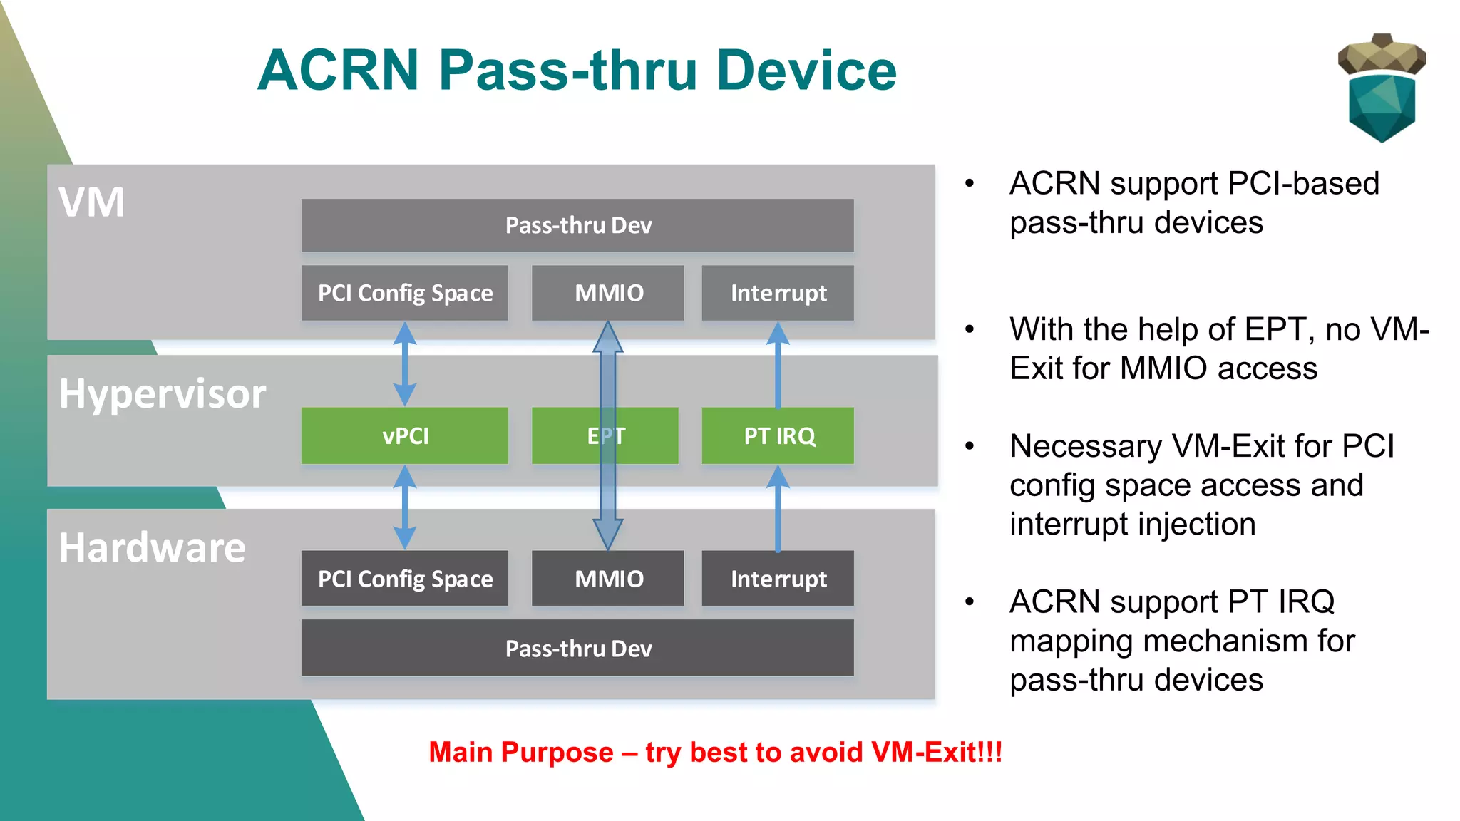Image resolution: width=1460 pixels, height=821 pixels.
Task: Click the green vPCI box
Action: tap(404, 435)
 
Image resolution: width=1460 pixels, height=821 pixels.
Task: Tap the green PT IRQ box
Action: tap(778, 435)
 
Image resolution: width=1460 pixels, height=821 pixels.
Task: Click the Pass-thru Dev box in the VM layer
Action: tap(577, 225)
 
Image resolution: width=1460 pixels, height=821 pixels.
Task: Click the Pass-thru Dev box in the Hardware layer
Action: tap(577, 648)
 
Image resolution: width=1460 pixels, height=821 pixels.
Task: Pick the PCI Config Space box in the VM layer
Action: tap(404, 293)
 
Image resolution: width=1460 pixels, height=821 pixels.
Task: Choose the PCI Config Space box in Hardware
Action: tap(404, 578)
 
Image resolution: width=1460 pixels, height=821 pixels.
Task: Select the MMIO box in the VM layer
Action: tap(608, 293)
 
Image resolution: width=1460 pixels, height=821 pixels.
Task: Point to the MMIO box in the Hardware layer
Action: tap(608, 578)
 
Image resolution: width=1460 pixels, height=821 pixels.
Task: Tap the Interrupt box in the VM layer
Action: tap(778, 293)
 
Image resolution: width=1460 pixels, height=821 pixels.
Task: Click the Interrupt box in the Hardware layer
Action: tap(778, 578)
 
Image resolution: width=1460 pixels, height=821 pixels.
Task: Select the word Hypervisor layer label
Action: tap(163, 393)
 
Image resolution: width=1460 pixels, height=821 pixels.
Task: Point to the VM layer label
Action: tap(91, 202)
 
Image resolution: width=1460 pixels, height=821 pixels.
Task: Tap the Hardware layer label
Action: tap(152, 547)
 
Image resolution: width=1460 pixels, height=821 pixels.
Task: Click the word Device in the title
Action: tap(806, 71)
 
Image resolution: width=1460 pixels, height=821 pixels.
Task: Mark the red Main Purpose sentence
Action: tap(715, 753)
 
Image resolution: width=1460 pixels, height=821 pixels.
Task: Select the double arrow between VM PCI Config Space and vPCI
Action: tap(404, 363)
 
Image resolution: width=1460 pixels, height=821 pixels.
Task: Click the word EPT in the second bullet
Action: tap(1279, 330)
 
